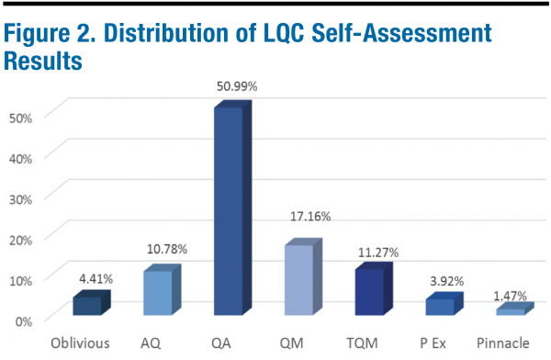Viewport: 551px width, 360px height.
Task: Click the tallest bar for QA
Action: (x=229, y=211)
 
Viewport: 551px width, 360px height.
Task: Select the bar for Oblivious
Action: (x=87, y=306)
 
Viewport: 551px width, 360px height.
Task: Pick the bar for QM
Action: (x=298, y=279)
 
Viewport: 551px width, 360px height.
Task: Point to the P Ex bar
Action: (x=440, y=307)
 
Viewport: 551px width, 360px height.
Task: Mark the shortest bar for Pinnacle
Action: (x=510, y=312)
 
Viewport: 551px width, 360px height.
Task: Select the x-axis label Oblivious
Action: (x=81, y=343)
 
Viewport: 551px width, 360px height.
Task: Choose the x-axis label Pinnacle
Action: (x=503, y=343)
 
